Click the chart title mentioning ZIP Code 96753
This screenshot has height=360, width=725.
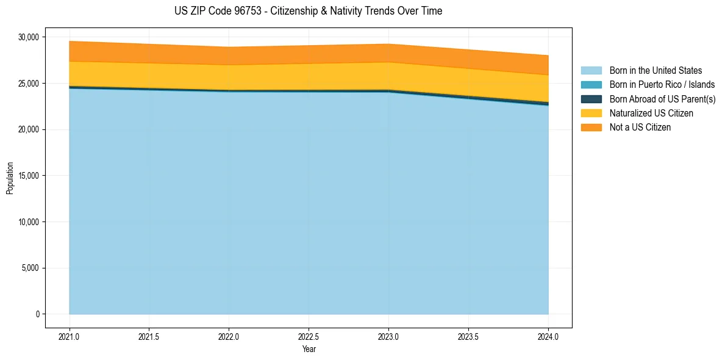(308, 11)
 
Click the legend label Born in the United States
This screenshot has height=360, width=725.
(655, 71)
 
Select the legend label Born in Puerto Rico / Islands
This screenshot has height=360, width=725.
(662, 85)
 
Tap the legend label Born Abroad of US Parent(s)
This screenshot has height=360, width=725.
(662, 99)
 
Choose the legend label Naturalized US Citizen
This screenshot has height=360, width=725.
(651, 113)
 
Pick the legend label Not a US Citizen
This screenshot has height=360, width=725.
(640, 128)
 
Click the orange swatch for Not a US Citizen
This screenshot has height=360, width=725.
(591, 128)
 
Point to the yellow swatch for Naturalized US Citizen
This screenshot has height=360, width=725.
(591, 113)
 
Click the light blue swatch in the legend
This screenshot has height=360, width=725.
(591, 71)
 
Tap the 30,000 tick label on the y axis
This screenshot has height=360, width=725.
(28, 37)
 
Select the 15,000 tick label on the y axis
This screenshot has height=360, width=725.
(28, 176)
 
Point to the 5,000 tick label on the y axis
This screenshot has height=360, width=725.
(30, 268)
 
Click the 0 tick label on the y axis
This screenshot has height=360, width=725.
(37, 314)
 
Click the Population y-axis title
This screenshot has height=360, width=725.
(10, 178)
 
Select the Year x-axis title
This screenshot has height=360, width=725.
(309, 350)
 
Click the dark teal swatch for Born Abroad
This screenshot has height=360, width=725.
(591, 99)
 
